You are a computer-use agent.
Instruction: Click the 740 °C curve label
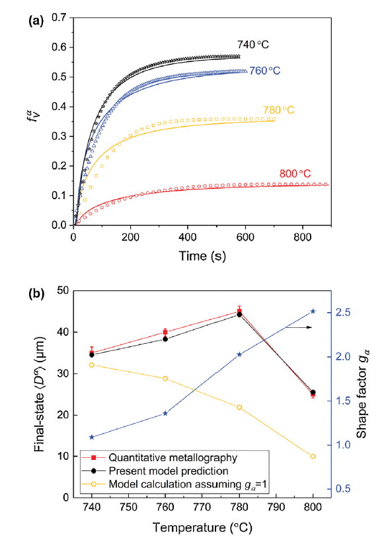point(254,45)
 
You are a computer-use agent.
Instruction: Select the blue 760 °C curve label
point(268,71)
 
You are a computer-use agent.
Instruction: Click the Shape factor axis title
point(362,395)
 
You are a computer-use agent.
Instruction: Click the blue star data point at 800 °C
point(313,311)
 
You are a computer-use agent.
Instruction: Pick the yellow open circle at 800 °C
point(313,457)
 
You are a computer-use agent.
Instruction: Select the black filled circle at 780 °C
point(239,315)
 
